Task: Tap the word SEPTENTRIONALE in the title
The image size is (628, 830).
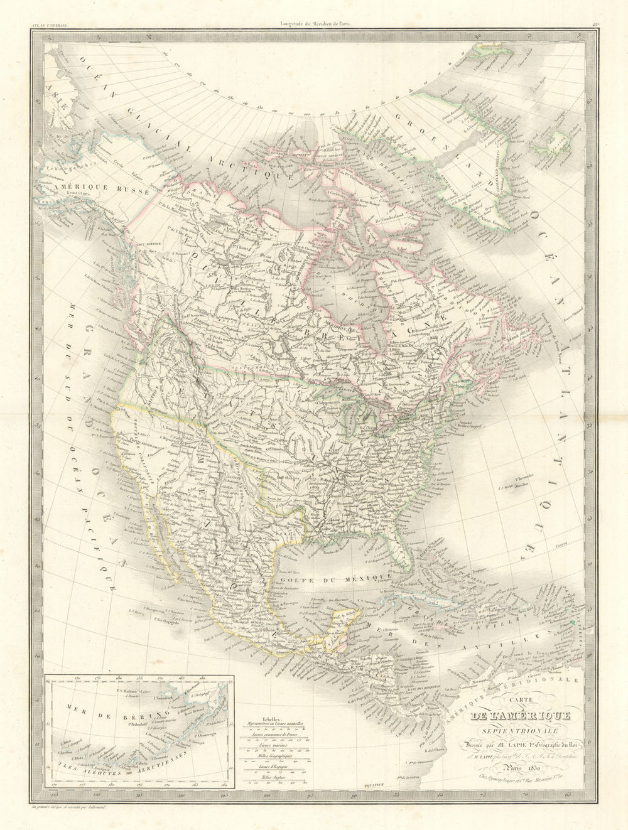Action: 508,730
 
